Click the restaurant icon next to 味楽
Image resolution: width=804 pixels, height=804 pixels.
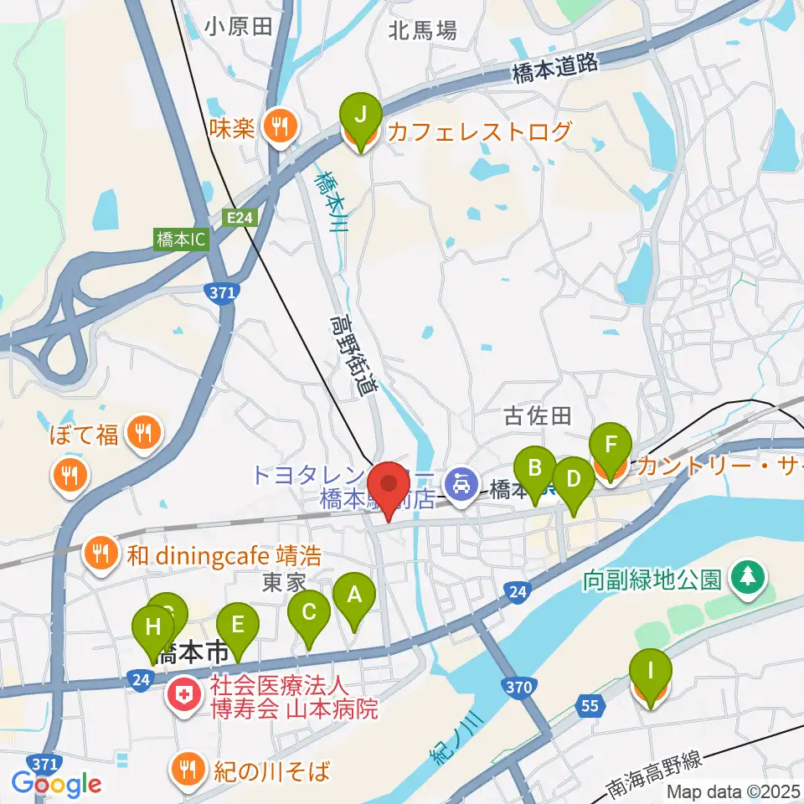(x=277, y=127)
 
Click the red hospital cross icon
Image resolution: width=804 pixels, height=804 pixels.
(x=181, y=694)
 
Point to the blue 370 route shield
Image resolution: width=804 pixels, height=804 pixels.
(x=519, y=688)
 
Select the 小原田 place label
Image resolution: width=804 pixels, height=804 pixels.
(x=239, y=27)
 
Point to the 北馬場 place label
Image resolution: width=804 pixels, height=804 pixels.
(x=423, y=32)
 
